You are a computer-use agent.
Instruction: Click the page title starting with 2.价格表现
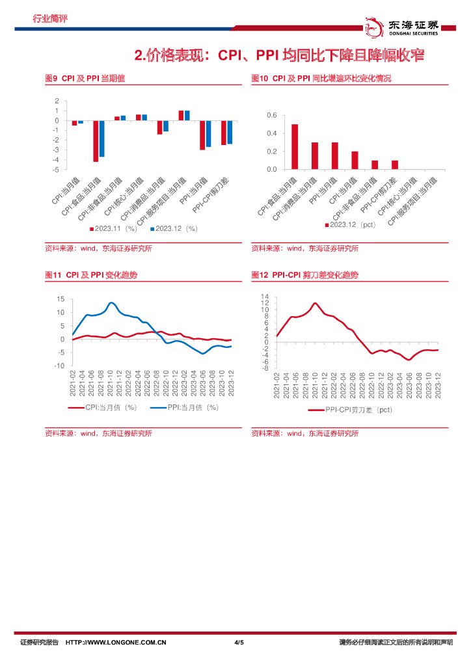(279, 55)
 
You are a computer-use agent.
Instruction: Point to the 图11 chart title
(91, 275)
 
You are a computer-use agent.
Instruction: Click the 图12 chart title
(304, 275)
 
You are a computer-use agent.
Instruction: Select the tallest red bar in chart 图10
(295, 146)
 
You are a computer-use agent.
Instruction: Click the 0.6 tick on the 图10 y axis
(272, 116)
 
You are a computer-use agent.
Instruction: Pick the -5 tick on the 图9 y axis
(57, 169)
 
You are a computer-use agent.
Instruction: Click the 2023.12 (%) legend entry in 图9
(174, 228)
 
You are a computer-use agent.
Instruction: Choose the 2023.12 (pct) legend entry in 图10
(350, 224)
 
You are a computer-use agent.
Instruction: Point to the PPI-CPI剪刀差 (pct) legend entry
(351, 410)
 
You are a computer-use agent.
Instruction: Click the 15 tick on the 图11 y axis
(61, 299)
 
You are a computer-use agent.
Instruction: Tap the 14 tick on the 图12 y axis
(265, 297)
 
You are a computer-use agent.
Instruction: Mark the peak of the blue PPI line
(111, 302)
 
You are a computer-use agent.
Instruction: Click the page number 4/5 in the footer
(239, 643)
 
